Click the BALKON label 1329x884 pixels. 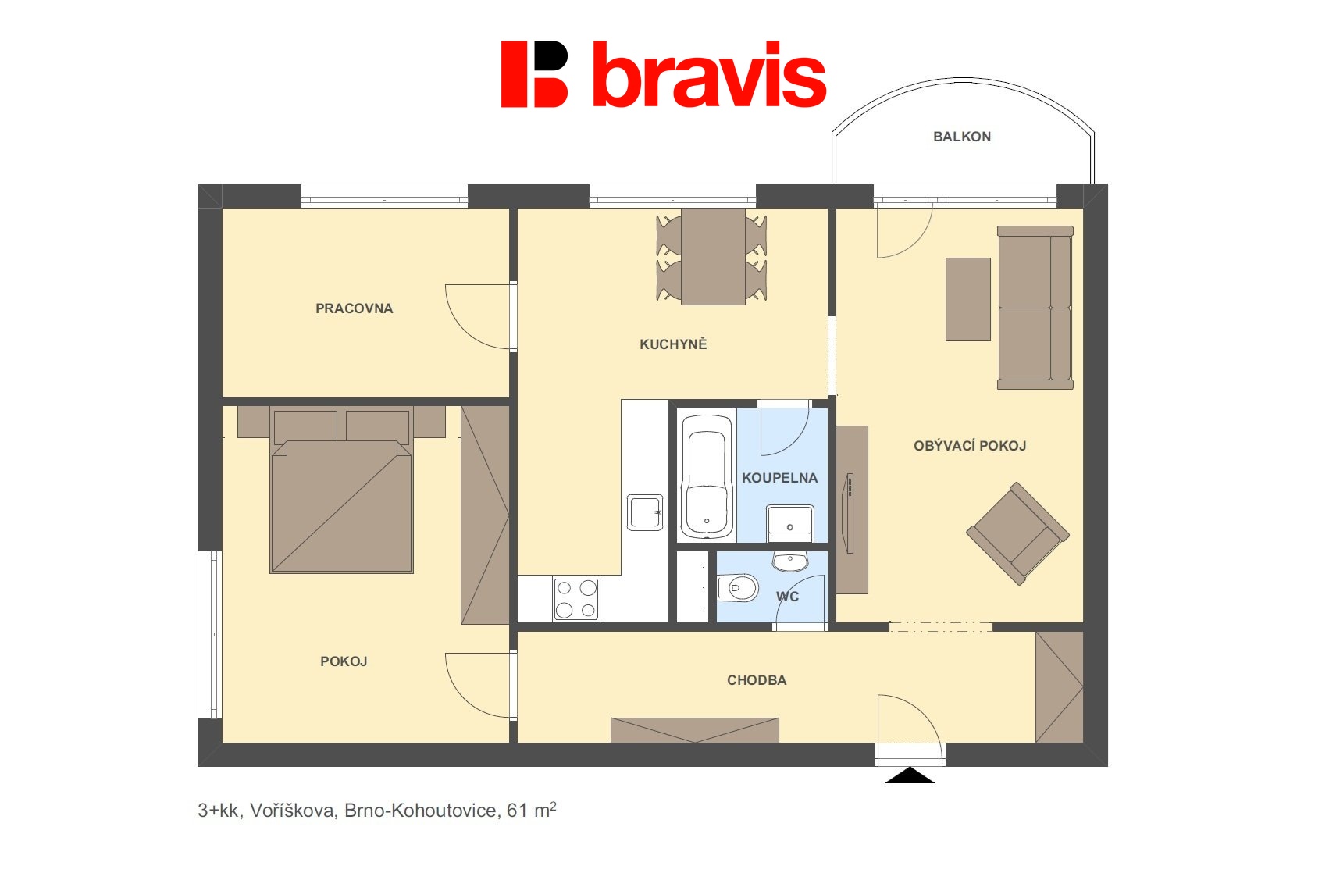(961, 137)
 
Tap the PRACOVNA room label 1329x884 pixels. (354, 308)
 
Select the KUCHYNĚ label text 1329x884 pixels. (673, 344)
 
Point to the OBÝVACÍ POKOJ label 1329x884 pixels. (969, 446)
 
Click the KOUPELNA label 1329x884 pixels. (779, 478)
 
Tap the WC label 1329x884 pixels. (787, 597)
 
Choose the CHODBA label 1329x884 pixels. (757, 680)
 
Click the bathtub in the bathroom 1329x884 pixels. (707, 476)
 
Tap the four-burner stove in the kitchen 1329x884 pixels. (576, 599)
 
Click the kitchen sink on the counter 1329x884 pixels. (645, 512)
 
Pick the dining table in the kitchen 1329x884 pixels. (713, 256)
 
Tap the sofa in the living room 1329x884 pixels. (1035, 308)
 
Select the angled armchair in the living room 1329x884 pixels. (1017, 533)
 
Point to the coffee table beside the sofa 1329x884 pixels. (967, 299)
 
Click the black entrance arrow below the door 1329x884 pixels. (910, 775)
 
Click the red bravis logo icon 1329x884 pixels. (534, 74)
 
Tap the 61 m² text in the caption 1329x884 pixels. (531, 811)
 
